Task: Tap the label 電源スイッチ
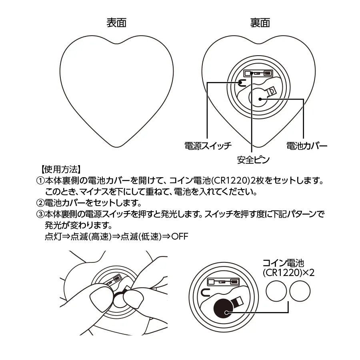point(208,145)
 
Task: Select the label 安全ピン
point(253,160)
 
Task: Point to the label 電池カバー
point(307,145)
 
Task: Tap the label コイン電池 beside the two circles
point(283,263)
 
